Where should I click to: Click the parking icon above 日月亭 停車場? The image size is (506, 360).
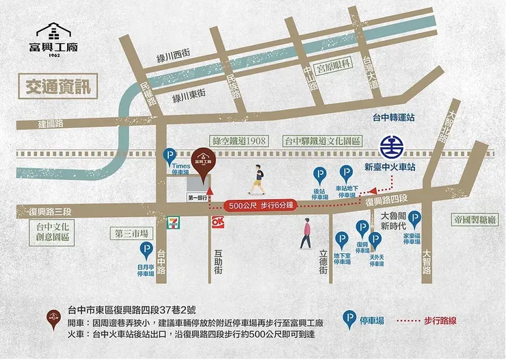[x=146, y=250]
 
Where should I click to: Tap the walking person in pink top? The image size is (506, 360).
[x=305, y=233]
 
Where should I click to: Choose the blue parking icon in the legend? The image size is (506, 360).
[x=351, y=319]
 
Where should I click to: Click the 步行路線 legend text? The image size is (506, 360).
[x=443, y=319]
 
